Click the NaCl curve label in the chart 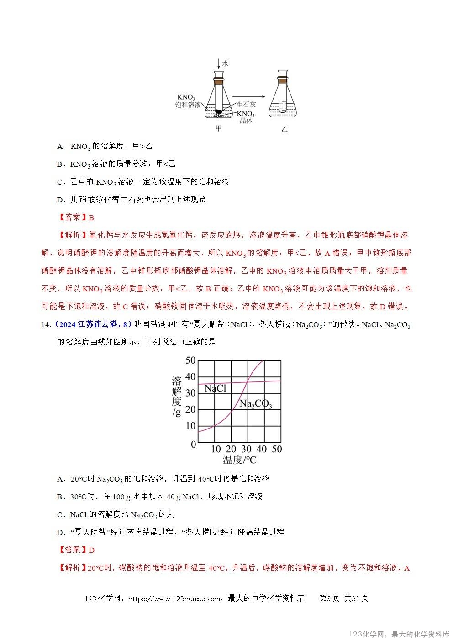click(x=216, y=389)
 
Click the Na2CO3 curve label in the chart click(x=255, y=404)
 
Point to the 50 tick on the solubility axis click(x=190, y=360)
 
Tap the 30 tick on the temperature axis click(x=247, y=449)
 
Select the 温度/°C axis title click(x=239, y=460)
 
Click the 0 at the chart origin click(x=193, y=445)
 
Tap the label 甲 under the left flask click(x=219, y=128)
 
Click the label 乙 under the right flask click(x=284, y=129)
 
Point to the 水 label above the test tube click(x=225, y=64)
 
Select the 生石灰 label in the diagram click(x=246, y=105)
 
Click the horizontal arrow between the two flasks click(x=249, y=96)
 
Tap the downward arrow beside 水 click(x=219, y=64)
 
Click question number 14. click(x=45, y=324)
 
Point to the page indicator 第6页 click(x=329, y=599)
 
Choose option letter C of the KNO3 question click(x=60, y=182)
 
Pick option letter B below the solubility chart click(x=60, y=497)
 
